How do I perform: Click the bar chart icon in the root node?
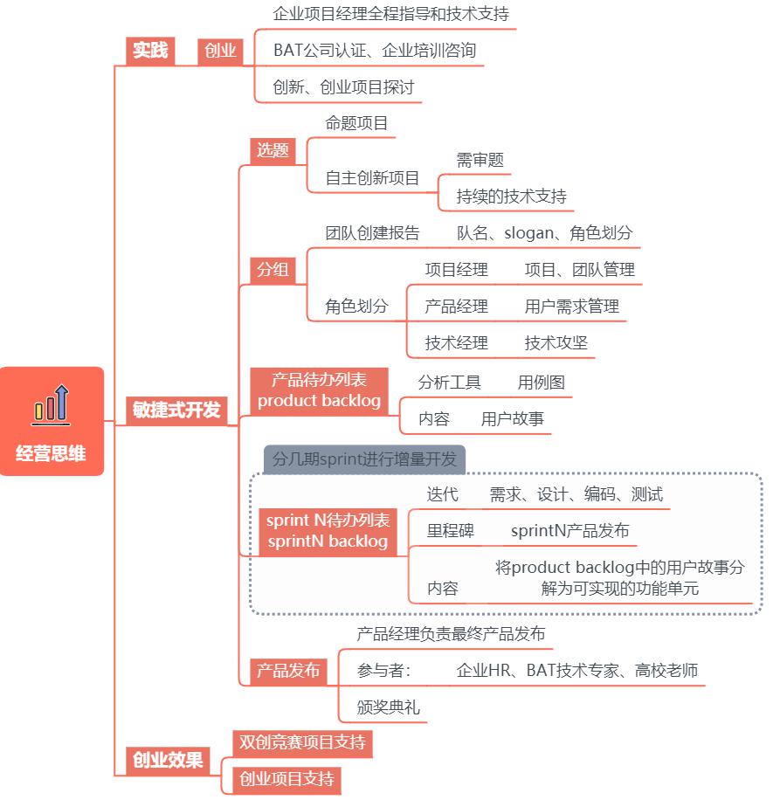coord(51,405)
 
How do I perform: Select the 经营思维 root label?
coord(51,453)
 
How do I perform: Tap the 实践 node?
coord(150,51)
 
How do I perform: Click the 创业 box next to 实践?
coord(220,51)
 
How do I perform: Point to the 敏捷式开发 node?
coord(176,410)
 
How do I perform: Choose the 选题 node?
coord(273,150)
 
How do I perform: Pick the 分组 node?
coord(273,270)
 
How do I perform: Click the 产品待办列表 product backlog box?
coord(320,390)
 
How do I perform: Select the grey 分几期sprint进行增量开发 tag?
coord(364,459)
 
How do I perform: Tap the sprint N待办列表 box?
coord(328,531)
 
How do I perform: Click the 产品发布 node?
coord(288,671)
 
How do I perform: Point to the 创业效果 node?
coord(168,760)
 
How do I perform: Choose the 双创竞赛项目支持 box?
coord(302,743)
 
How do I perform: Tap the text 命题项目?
coord(356,123)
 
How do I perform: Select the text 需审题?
coord(480,160)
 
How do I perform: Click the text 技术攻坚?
coord(556,343)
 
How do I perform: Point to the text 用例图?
coord(542,383)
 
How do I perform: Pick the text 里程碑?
coord(451,531)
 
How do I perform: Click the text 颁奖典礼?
coord(389,707)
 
